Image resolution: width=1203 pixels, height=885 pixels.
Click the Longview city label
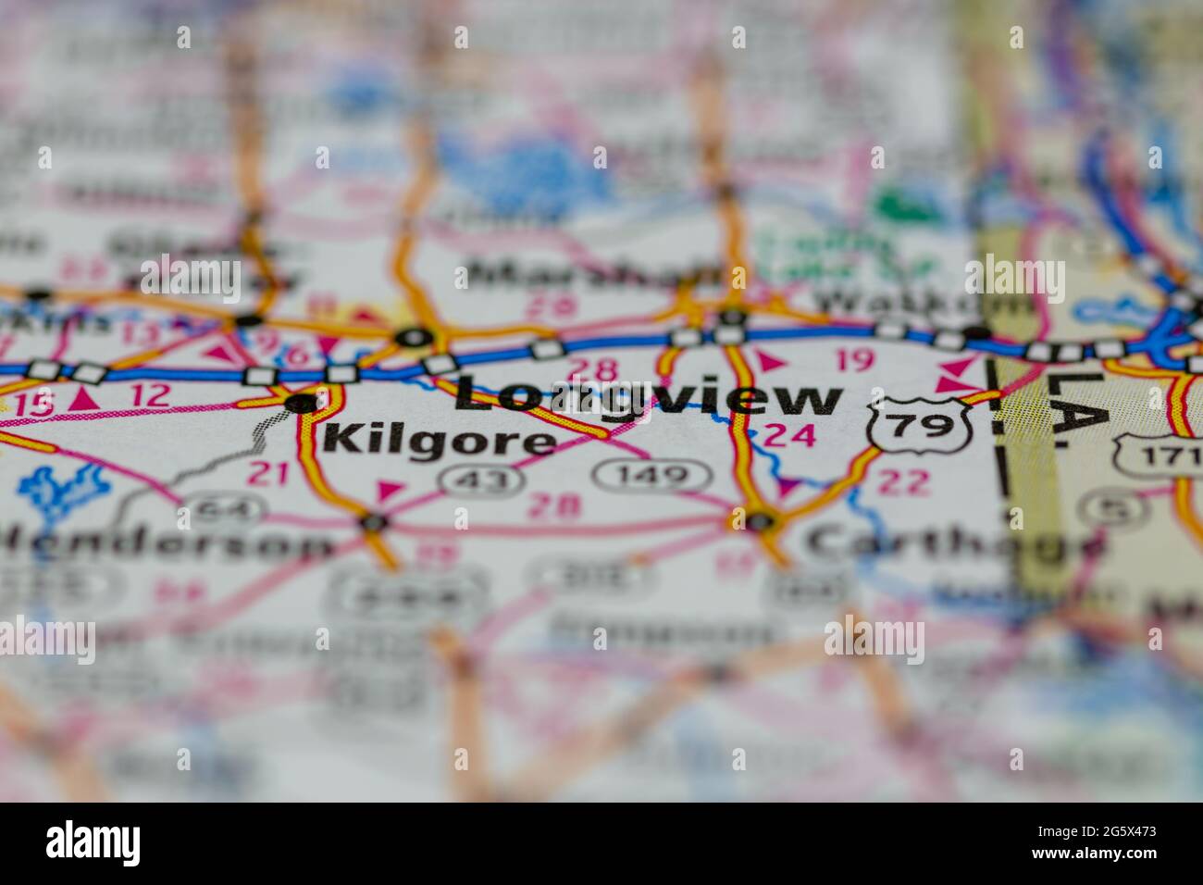[x=648, y=398]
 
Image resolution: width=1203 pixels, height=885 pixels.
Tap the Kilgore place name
[x=440, y=441]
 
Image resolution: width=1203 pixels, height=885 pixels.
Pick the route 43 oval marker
[x=468, y=478]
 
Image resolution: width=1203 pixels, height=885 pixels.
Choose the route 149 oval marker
[x=652, y=476]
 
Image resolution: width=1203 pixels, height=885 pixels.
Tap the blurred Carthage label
[x=953, y=544]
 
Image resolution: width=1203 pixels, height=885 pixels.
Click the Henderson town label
[x=167, y=543]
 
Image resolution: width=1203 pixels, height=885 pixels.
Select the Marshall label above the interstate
[x=592, y=276]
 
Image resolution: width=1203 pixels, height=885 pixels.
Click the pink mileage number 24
[x=790, y=435]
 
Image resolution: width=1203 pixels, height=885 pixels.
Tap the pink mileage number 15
[x=34, y=404]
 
